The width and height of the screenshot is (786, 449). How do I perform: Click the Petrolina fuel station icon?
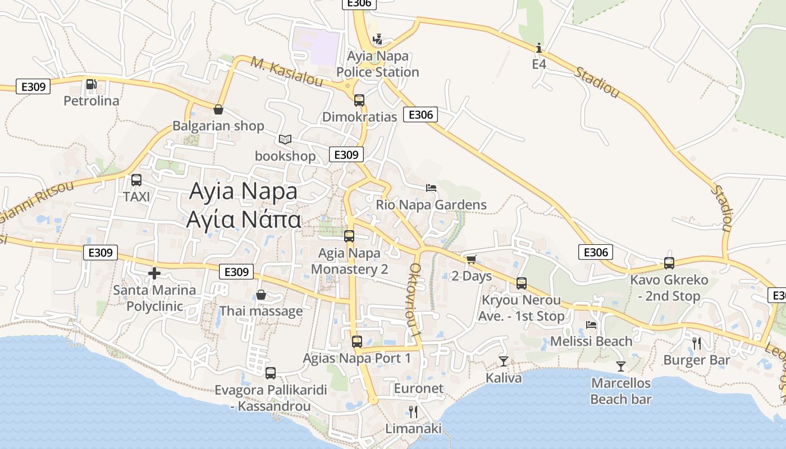[x=91, y=85]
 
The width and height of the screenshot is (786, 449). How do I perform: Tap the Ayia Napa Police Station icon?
[x=378, y=40]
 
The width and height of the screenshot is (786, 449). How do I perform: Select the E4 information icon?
[x=539, y=48]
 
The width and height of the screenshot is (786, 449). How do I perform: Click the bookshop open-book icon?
[x=285, y=139]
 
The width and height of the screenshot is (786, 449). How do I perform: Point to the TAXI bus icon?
[x=136, y=180]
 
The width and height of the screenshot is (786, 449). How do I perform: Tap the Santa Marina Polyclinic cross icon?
[x=154, y=273]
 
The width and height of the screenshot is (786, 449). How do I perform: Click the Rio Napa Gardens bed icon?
[x=431, y=188]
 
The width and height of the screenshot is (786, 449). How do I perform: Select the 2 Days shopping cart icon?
[x=471, y=259]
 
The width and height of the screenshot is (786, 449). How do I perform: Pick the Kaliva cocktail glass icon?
[x=504, y=361]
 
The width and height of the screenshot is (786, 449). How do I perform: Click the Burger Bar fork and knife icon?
[x=697, y=343]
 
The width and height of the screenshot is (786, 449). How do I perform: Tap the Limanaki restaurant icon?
[x=413, y=412]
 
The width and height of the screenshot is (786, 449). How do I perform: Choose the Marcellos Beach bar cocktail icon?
[x=620, y=366]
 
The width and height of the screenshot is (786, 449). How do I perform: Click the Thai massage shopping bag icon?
[x=261, y=295]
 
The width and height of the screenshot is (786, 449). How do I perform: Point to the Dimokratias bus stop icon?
[x=359, y=100]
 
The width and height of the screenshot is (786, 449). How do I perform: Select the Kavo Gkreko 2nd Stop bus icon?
[x=669, y=263]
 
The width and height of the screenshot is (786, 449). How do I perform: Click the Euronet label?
[x=419, y=388]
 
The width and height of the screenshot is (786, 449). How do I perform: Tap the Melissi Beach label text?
[x=591, y=341]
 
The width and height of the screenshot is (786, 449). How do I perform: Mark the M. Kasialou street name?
[x=286, y=72]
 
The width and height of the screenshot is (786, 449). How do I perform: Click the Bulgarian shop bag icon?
[x=218, y=109]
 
